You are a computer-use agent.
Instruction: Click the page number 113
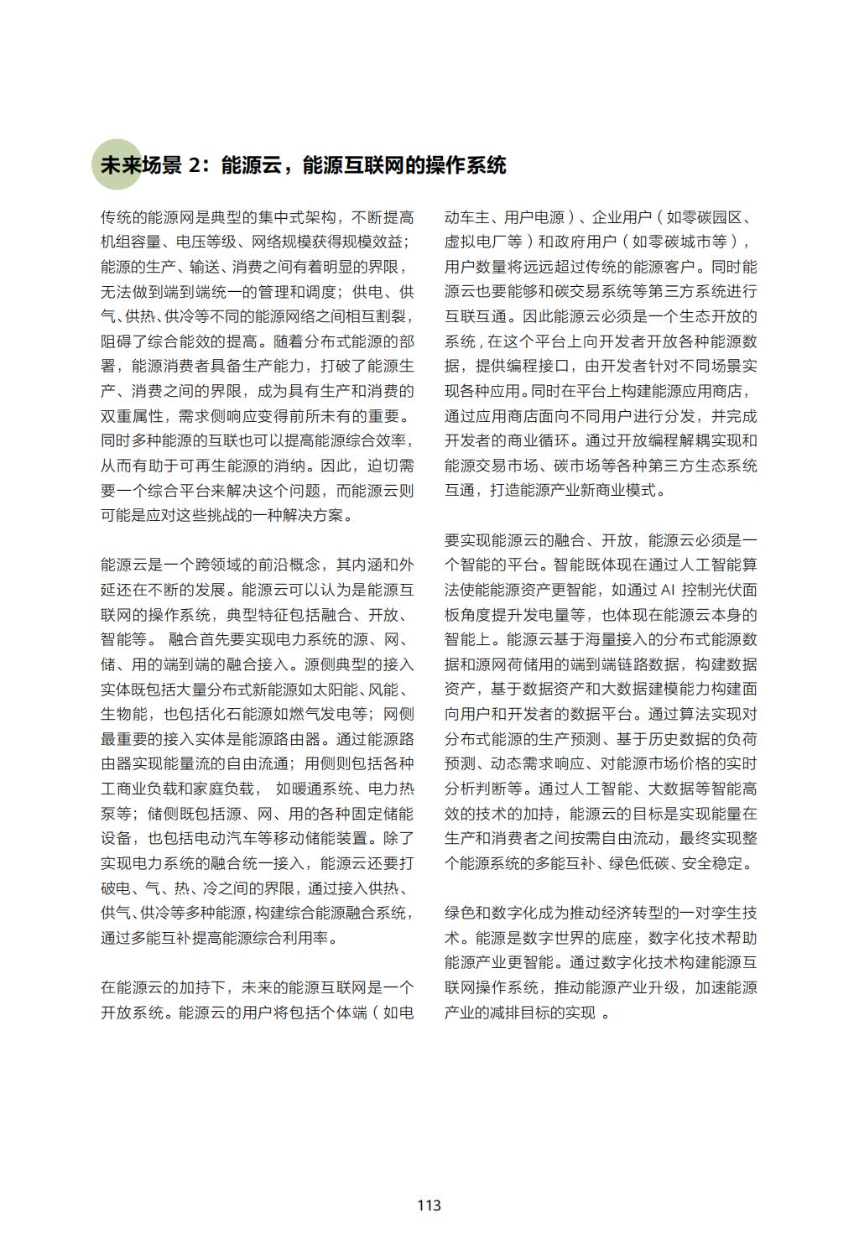(429, 1206)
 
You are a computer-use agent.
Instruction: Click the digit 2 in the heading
(195, 165)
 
